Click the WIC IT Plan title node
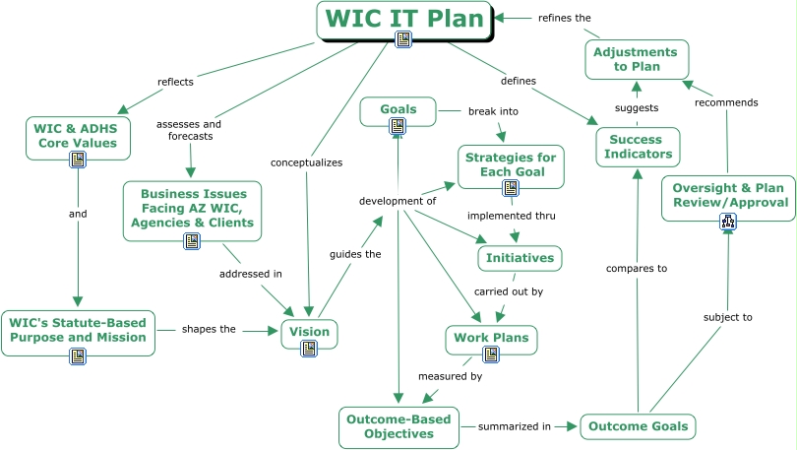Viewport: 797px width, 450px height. [x=403, y=19]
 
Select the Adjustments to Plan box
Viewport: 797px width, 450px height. [x=637, y=59]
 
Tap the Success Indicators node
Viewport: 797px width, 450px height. [x=638, y=147]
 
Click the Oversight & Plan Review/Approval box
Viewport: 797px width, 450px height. [x=729, y=195]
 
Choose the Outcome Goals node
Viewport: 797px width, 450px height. [x=638, y=426]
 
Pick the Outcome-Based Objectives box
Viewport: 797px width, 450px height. [x=398, y=426]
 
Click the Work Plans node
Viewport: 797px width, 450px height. [x=491, y=338]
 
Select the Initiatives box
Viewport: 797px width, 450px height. [x=520, y=258]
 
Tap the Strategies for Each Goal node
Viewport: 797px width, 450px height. [x=510, y=164]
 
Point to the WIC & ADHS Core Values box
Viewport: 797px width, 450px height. [x=78, y=136]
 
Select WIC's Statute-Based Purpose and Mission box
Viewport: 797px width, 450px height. [x=78, y=330]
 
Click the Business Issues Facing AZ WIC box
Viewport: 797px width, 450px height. [x=192, y=209]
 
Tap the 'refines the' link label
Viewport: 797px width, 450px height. [x=564, y=18]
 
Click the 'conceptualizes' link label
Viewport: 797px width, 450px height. [x=307, y=161]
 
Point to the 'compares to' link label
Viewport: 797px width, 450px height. [x=636, y=268]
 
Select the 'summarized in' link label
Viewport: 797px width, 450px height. [x=514, y=426]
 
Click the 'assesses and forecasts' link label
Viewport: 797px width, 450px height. [x=189, y=130]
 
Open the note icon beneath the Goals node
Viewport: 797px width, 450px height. [x=397, y=126]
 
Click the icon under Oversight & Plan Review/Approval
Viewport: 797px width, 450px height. [x=729, y=222]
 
